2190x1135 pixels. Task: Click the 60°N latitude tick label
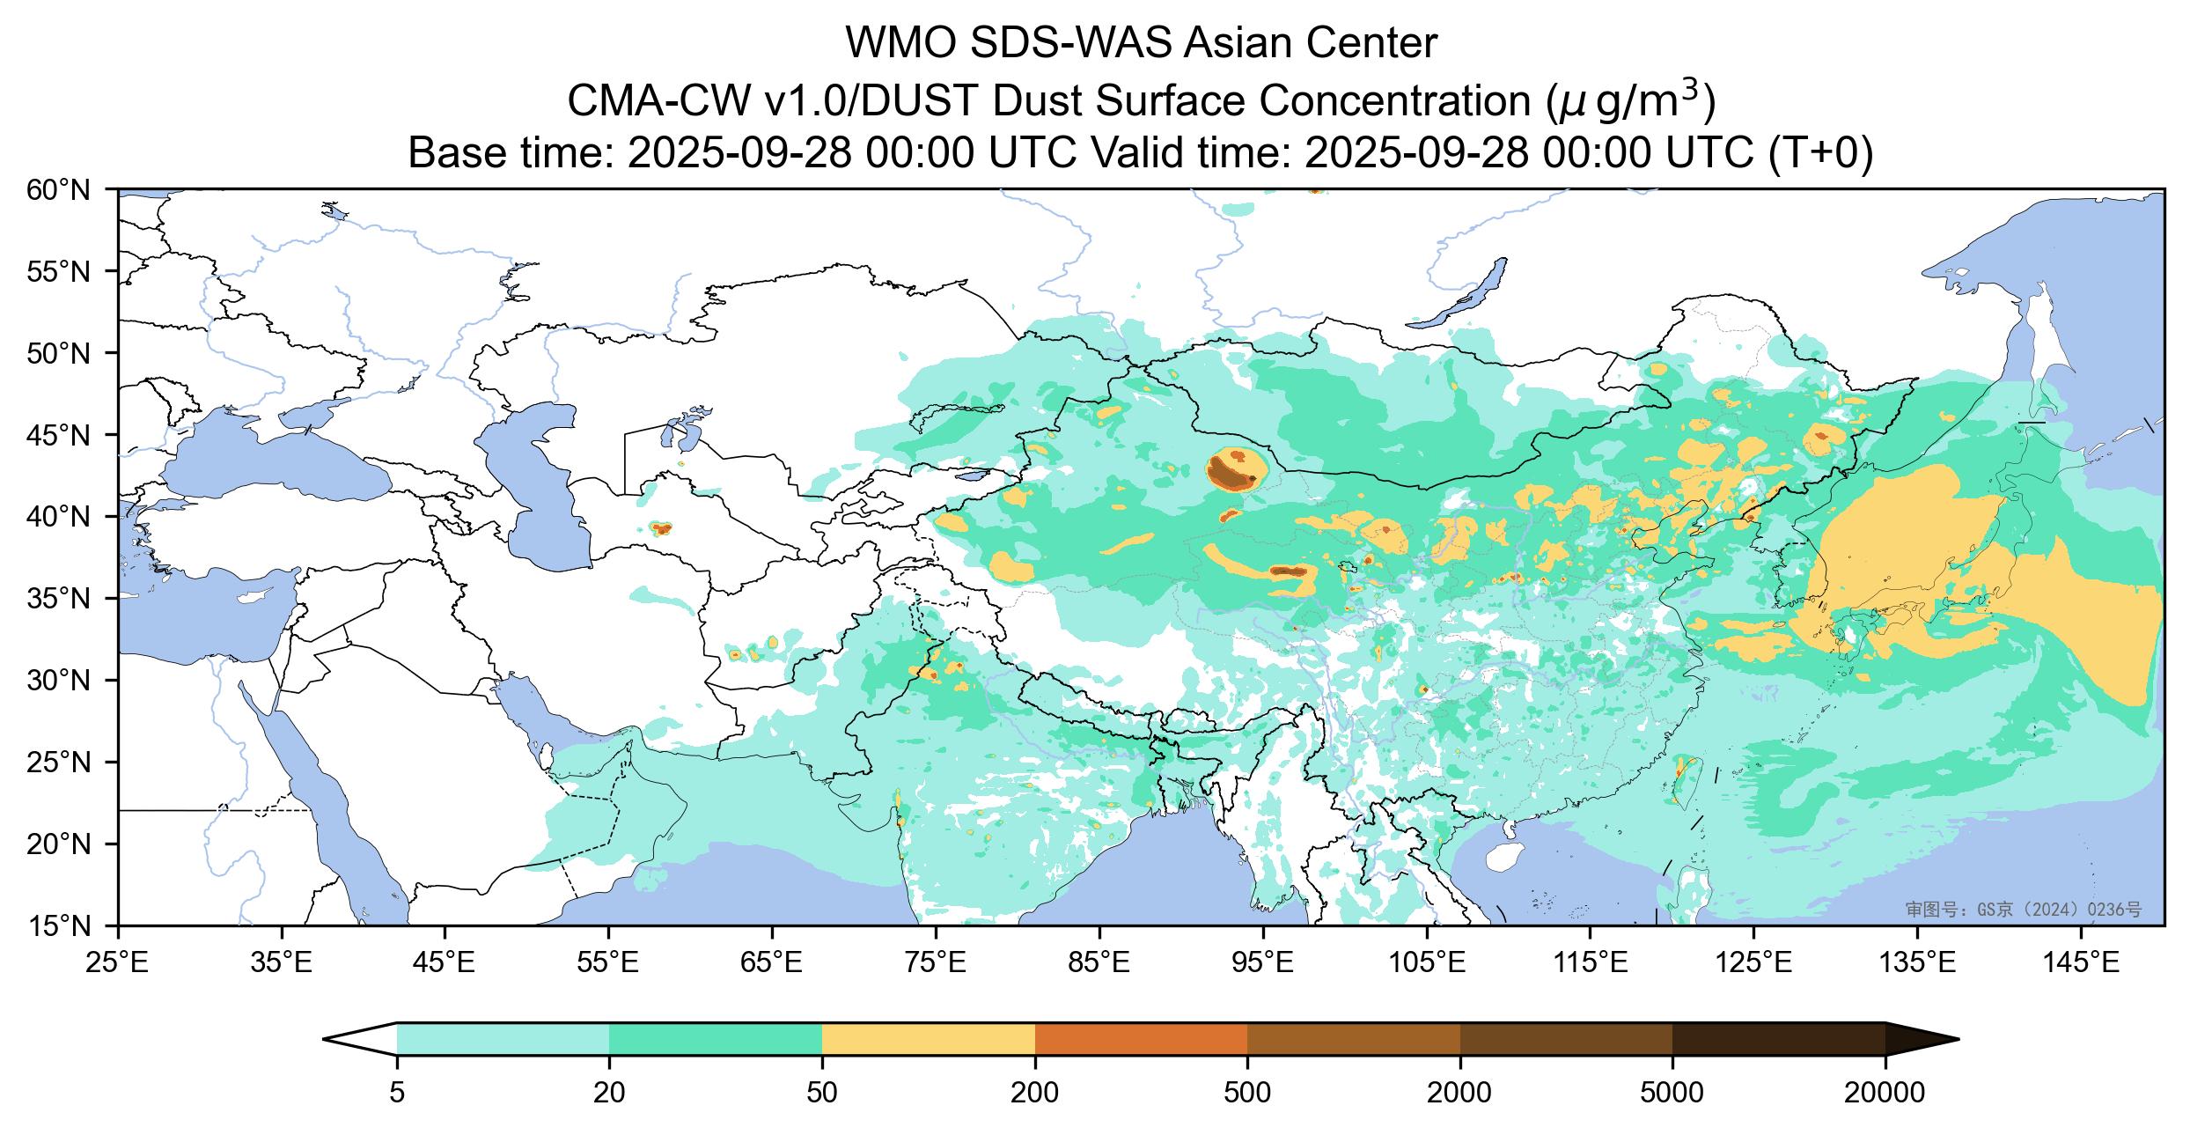(66, 190)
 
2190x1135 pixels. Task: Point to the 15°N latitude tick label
(66, 926)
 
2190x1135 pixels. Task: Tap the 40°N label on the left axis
(66, 517)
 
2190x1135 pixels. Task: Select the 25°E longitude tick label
(118, 964)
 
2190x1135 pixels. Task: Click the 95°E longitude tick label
(1263, 964)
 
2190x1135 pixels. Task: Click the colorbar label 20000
(1885, 1094)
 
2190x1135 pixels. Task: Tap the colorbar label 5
(397, 1094)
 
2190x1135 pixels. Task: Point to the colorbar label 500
(1247, 1094)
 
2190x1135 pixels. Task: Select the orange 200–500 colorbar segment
(1141, 1039)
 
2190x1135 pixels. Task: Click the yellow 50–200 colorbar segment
(928, 1039)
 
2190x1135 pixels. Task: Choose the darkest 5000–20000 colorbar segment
(1778, 1039)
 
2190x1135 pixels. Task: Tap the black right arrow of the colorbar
(1919, 1039)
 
